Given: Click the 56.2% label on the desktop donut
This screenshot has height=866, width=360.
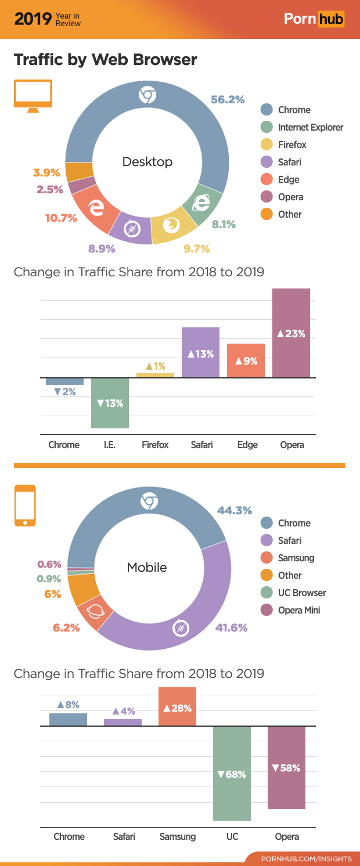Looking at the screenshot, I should tap(227, 99).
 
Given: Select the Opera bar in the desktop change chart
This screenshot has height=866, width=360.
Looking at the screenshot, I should tap(291, 333).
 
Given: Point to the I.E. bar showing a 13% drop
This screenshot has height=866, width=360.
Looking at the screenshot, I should tap(110, 403).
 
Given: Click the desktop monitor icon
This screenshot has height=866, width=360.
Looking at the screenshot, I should tap(33, 96).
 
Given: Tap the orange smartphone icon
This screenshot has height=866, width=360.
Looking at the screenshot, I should tap(25, 506).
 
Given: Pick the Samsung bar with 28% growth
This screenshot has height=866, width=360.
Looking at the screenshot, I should tap(177, 706).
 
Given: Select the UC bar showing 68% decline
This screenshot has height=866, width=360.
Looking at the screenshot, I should tap(232, 773).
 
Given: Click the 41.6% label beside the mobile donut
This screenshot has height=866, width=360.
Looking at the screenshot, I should tap(232, 627).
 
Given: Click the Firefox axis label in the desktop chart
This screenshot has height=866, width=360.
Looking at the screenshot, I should tap(155, 445).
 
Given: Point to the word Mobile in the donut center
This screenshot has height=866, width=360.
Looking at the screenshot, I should tap(147, 567).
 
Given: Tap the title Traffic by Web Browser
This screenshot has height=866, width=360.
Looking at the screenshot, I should tap(105, 59).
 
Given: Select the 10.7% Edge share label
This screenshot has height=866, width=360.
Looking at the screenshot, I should tap(61, 218).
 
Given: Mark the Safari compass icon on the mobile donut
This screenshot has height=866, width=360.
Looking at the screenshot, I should tap(182, 628).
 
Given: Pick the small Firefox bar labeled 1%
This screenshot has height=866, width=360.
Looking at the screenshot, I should tap(155, 375).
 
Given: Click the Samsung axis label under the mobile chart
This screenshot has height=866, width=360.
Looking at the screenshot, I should tap(177, 836).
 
